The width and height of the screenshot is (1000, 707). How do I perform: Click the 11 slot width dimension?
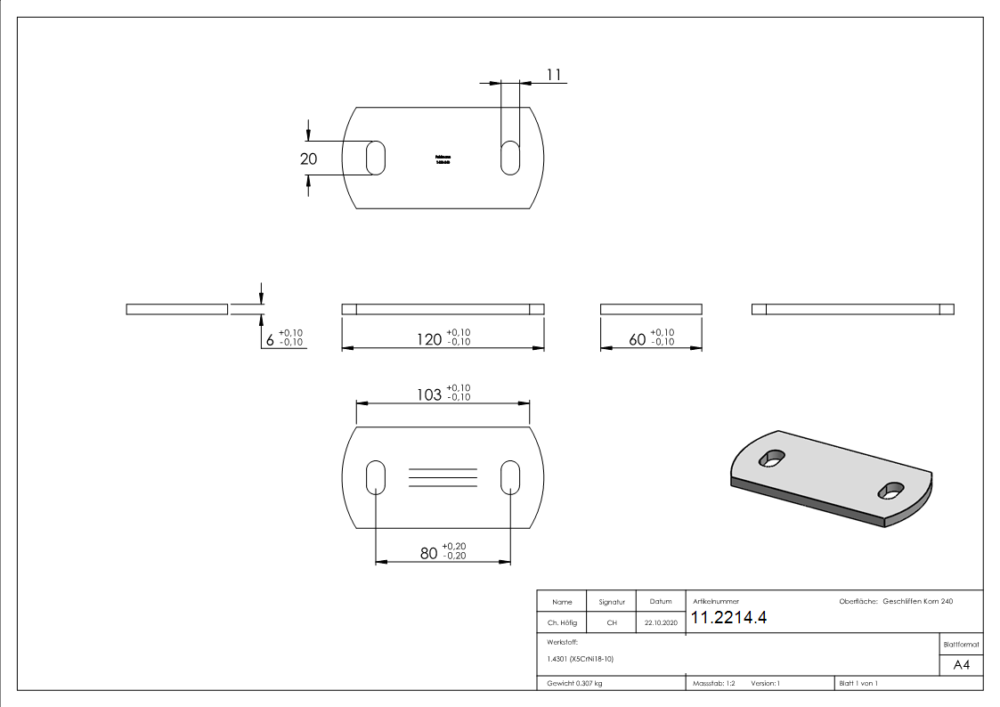[x=553, y=76]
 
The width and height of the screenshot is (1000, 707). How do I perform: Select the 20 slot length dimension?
[x=309, y=158]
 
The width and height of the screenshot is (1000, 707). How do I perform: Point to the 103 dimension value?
[x=429, y=394]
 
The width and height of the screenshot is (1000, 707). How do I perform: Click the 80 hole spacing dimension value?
[x=428, y=553]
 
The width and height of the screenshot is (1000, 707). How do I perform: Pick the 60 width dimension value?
[x=638, y=339]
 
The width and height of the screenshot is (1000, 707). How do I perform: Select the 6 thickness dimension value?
[x=270, y=339]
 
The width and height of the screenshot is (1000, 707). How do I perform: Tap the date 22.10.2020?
[x=661, y=623]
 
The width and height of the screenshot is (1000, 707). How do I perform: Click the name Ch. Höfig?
[x=561, y=623]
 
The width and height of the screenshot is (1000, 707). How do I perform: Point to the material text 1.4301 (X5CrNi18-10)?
[x=580, y=659]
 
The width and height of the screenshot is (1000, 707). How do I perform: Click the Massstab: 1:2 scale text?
[x=714, y=683]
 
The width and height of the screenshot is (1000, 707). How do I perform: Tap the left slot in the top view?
[x=377, y=158]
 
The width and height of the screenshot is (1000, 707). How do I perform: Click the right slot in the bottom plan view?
[x=511, y=477]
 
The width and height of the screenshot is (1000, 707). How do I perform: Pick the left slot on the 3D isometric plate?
[x=771, y=459]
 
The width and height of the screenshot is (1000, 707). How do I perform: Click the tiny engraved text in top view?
[x=443, y=158]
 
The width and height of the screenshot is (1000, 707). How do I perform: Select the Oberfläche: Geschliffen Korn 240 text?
[x=896, y=602]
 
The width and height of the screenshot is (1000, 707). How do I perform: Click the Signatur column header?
[x=612, y=602]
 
